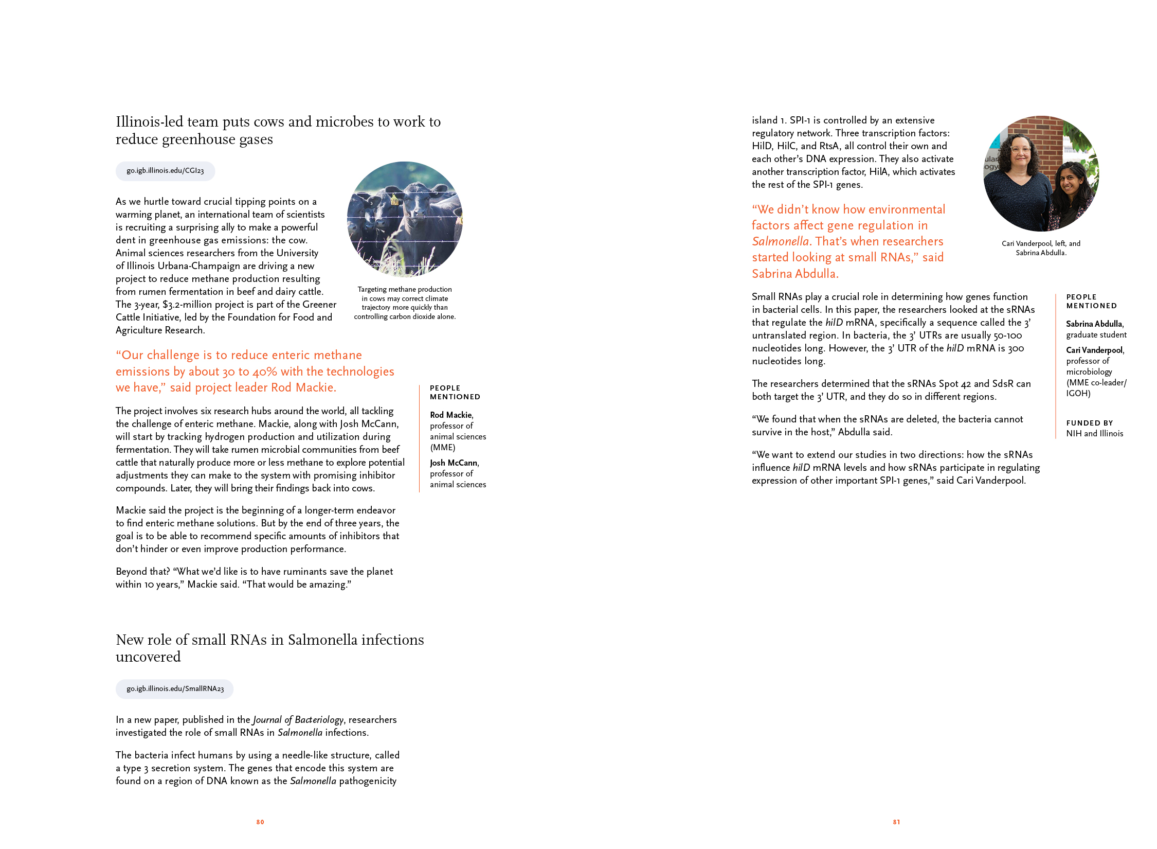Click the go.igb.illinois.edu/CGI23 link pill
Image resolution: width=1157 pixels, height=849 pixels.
pyautogui.click(x=165, y=171)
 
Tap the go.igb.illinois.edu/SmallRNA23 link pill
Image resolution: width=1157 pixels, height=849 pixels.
pyautogui.click(x=175, y=689)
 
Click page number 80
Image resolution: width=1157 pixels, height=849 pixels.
pyautogui.click(x=260, y=822)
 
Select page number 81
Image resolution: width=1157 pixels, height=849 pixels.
pyautogui.click(x=896, y=822)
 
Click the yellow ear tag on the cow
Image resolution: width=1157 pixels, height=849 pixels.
pyautogui.click(x=394, y=200)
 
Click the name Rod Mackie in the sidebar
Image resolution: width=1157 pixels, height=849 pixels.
pyautogui.click(x=451, y=415)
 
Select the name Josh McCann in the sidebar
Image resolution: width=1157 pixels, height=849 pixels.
pyautogui.click(x=454, y=463)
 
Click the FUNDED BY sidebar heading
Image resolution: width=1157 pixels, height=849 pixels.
pyautogui.click(x=1090, y=423)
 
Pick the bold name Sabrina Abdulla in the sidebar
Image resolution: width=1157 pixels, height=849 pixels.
pyautogui.click(x=1094, y=324)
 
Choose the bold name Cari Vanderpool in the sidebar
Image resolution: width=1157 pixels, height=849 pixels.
pyautogui.click(x=1095, y=350)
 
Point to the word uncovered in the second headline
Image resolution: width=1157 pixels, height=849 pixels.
pyautogui.click(x=148, y=657)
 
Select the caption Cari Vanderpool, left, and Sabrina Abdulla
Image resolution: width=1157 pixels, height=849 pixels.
pyautogui.click(x=1041, y=248)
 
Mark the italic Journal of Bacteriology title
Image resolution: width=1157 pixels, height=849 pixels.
pyautogui.click(x=298, y=720)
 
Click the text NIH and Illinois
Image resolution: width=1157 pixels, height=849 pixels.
pyautogui.click(x=1094, y=434)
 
